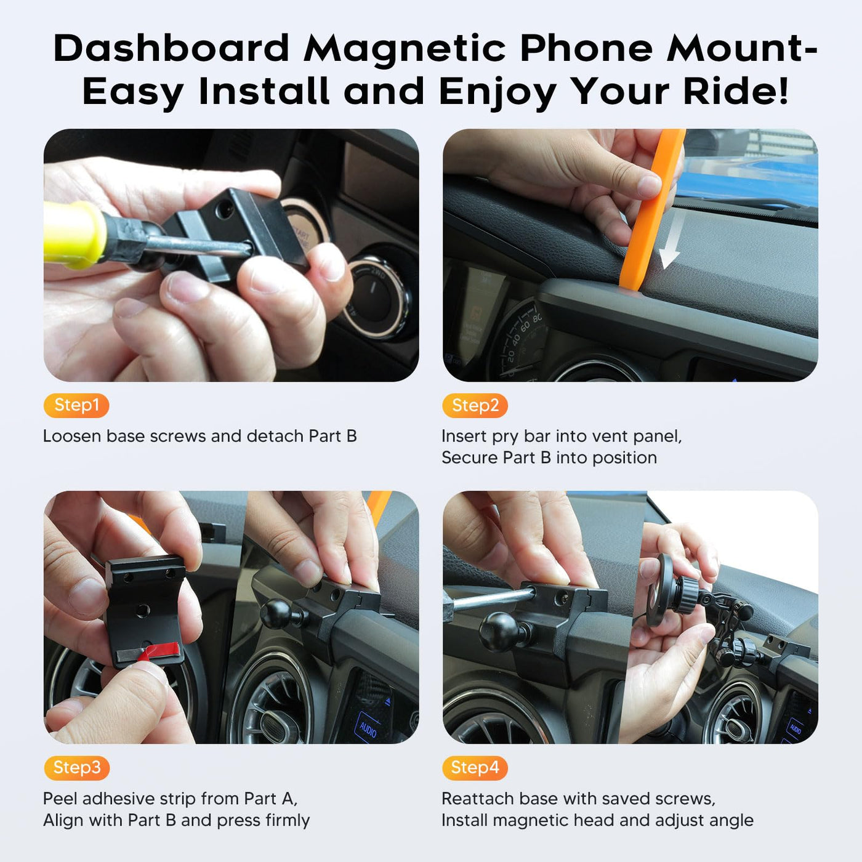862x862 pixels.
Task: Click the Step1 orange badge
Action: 76,405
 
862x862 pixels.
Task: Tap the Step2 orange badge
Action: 475,405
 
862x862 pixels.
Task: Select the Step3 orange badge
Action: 76,768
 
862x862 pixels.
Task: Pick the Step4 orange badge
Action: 475,768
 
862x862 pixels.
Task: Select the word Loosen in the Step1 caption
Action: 71,436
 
